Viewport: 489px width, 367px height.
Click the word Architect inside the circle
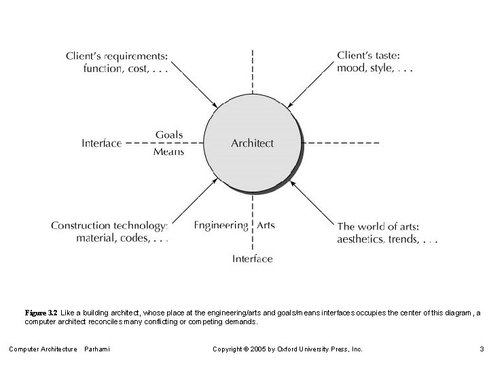click(x=252, y=143)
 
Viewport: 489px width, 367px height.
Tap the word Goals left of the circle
click(x=168, y=135)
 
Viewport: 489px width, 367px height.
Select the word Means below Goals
click(x=168, y=152)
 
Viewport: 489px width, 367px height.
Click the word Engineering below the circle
click(x=221, y=225)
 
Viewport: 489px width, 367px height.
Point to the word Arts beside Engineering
click(x=266, y=225)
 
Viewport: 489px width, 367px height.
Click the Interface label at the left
click(x=101, y=143)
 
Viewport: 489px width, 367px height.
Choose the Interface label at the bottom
click(x=252, y=258)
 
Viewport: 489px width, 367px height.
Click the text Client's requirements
click(x=116, y=55)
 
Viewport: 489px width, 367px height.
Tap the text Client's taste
click(x=368, y=55)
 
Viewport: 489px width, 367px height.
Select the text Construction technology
click(x=109, y=226)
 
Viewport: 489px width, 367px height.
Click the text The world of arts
click(x=378, y=226)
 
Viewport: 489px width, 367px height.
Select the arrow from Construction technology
click(x=193, y=201)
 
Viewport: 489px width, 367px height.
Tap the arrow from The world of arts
click(x=312, y=201)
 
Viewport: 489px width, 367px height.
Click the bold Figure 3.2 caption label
click(x=41, y=313)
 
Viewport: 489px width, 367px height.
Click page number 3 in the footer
click(x=480, y=349)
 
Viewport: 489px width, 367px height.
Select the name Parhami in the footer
click(x=96, y=349)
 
